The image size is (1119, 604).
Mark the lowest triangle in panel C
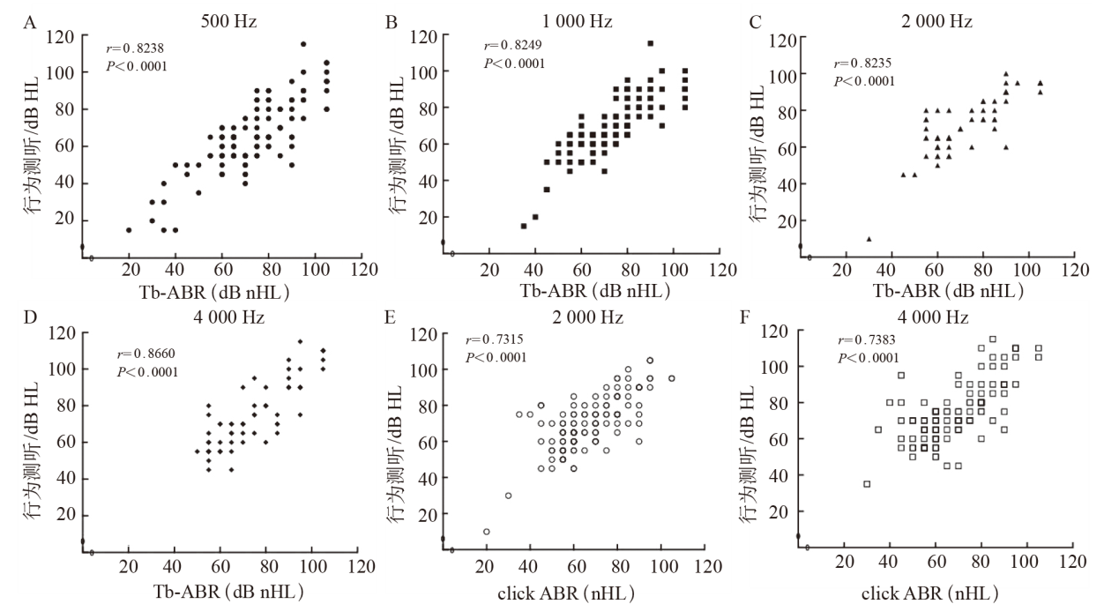[x=869, y=238]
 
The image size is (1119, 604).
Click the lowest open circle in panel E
[x=486, y=532]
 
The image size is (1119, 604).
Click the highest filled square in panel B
[x=650, y=43]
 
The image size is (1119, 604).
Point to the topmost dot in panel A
[x=303, y=44]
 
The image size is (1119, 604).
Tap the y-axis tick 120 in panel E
[x=419, y=335]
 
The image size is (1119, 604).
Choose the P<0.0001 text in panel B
[x=514, y=63]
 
